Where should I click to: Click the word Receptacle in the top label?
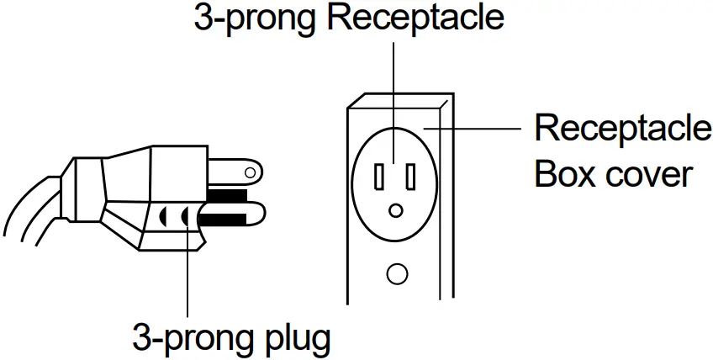(x=415, y=19)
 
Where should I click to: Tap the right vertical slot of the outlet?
(x=410, y=177)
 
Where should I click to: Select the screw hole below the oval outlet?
(x=395, y=273)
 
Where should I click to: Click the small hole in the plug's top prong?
(x=249, y=174)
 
